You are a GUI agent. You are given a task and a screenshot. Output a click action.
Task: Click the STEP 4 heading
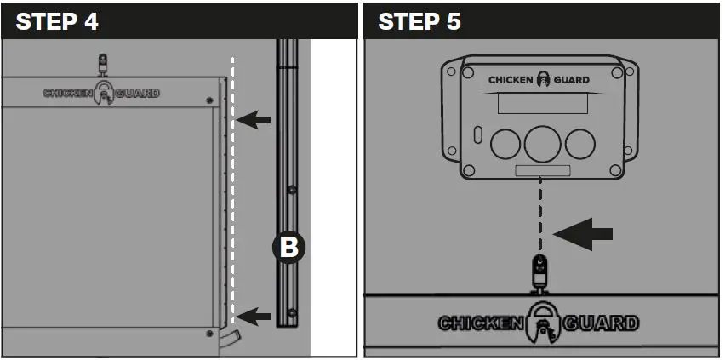pos(57,21)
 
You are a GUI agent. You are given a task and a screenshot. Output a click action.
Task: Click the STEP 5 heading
pos(420,21)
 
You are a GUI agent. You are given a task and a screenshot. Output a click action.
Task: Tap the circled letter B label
pos(288,248)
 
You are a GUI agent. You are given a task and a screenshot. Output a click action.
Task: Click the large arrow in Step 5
pos(582,233)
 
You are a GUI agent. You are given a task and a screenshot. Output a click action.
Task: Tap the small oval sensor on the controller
pos(477,134)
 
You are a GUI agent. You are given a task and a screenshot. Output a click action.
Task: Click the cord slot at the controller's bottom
pos(542,171)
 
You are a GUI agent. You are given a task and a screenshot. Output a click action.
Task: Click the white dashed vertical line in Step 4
pos(232,196)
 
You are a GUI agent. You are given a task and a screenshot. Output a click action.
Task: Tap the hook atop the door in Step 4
pos(104,65)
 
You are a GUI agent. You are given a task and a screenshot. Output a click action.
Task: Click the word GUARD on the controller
pos(571,80)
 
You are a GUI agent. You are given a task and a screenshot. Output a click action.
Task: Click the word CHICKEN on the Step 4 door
pos(68,93)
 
